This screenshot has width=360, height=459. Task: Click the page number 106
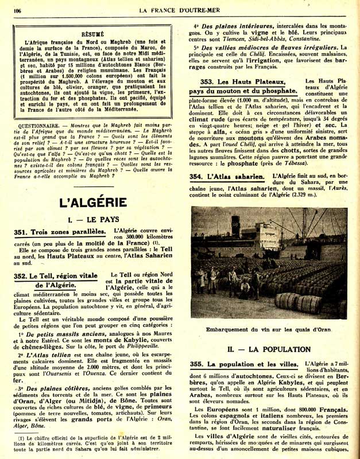click(x=17, y=10)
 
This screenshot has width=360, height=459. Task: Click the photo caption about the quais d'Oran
click(x=269, y=329)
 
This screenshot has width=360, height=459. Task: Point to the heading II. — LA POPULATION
click(x=269, y=349)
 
